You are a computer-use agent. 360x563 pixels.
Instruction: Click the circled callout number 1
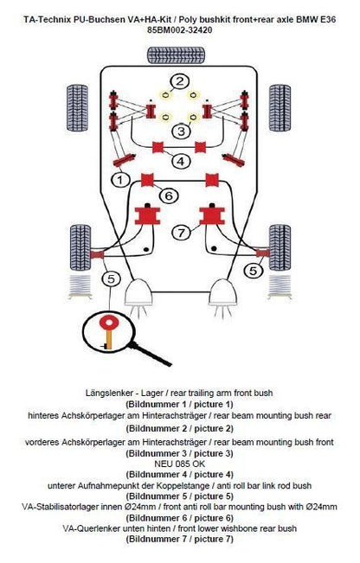point(120,179)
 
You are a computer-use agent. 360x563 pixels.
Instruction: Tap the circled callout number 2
point(180,82)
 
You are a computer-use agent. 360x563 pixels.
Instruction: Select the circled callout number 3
point(181,131)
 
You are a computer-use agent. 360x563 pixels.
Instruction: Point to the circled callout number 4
point(181,161)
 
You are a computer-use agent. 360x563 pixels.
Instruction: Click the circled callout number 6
point(169,195)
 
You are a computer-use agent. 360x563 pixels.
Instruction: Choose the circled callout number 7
point(181,233)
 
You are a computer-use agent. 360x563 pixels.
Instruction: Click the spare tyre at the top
point(177,55)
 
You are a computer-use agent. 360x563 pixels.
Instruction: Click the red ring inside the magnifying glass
point(107,323)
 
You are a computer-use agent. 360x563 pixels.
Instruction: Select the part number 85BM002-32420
point(180,30)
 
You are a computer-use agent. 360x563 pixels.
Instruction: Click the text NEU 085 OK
point(180,464)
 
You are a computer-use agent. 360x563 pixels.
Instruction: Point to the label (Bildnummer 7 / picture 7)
point(180,539)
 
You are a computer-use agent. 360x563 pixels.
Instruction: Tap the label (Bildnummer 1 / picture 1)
point(180,404)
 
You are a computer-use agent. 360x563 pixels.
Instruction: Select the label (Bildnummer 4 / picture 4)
point(180,475)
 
